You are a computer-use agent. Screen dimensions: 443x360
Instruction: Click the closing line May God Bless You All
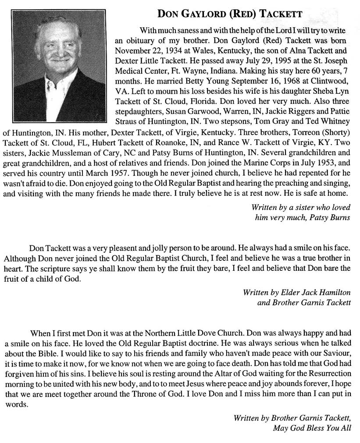tap(311, 428)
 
